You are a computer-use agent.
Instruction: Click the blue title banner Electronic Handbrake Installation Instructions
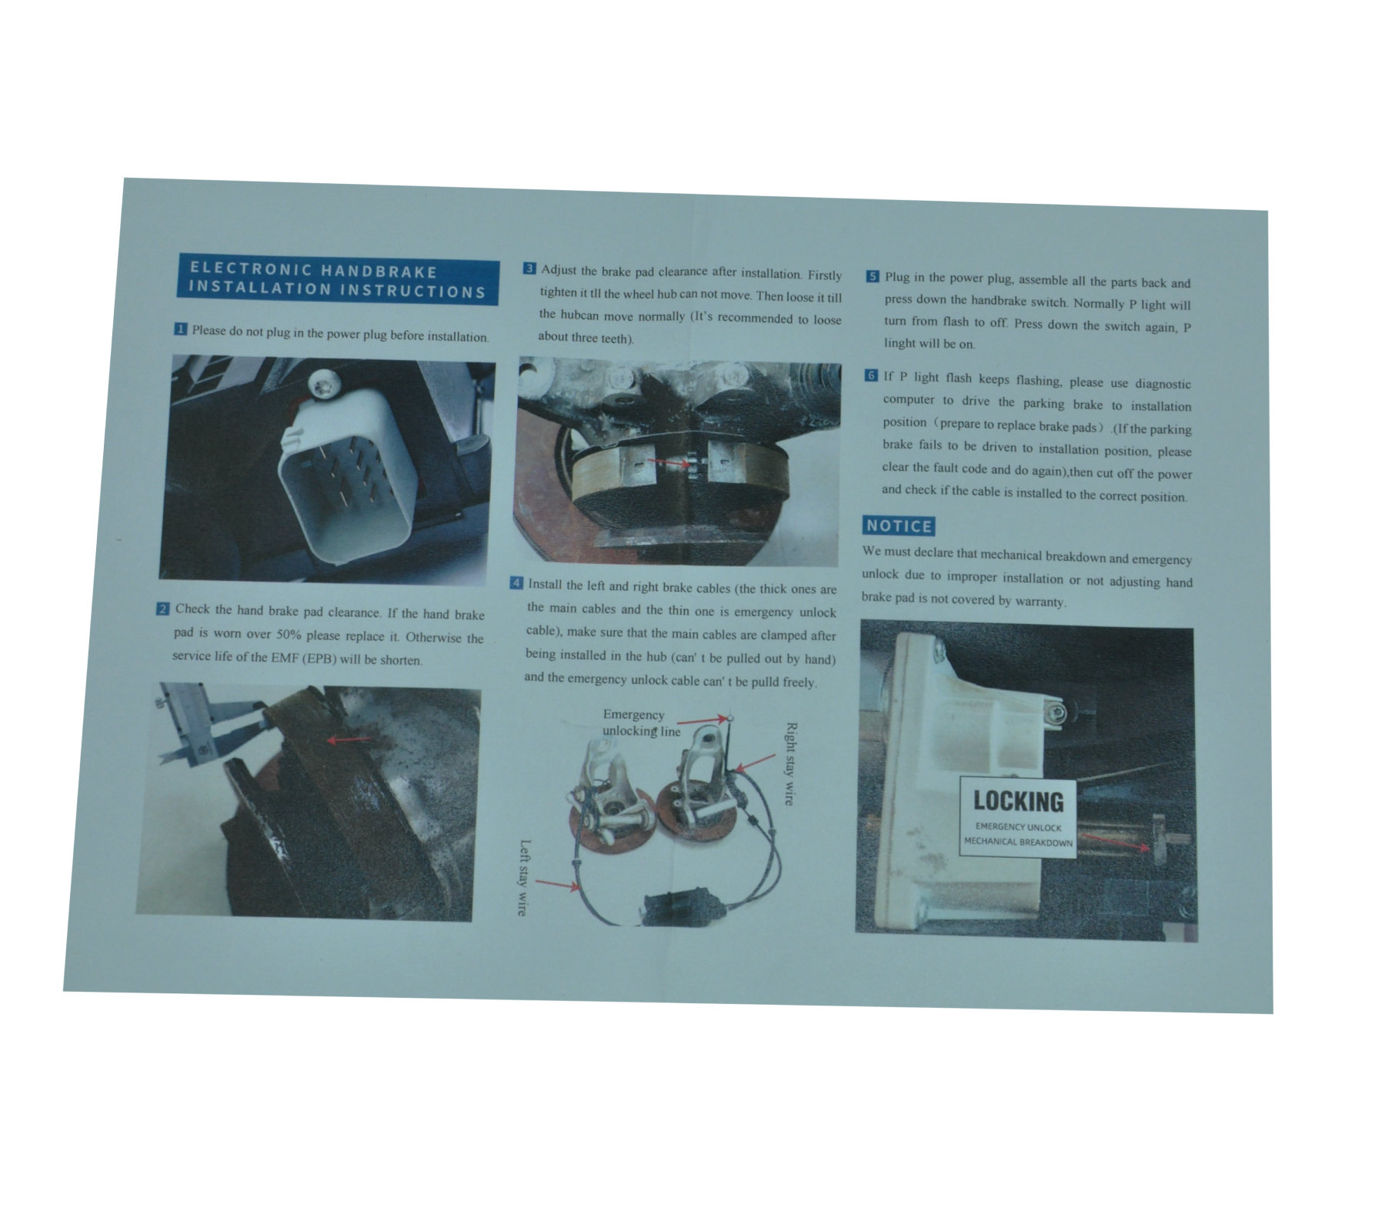pos(337,280)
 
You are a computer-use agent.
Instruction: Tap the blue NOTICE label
pos(898,526)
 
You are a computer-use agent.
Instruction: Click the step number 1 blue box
pos(180,329)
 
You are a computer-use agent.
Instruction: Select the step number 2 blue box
pos(163,609)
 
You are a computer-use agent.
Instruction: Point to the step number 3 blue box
pos(529,269)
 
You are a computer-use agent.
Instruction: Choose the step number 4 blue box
pos(517,583)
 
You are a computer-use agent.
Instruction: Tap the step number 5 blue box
pos(873,276)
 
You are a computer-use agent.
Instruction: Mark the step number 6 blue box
pos(871,375)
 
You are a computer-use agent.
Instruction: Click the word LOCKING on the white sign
pos(1018,801)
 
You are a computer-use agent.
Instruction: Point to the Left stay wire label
pos(523,878)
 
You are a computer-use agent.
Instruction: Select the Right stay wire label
pos(789,763)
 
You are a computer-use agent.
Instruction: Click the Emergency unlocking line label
pos(640,723)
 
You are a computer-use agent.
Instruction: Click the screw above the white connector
pos(323,384)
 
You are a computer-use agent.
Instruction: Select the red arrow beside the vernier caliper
pos(350,740)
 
